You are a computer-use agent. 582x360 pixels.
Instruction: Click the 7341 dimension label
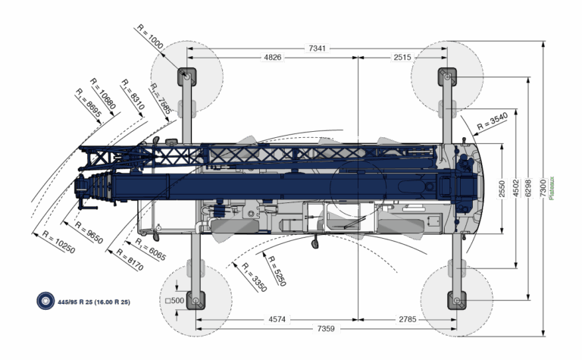[x=318, y=49]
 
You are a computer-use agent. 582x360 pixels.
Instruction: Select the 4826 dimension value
[x=272, y=58]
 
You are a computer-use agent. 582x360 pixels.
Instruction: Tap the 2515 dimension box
[x=402, y=58]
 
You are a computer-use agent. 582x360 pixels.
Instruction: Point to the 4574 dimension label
[x=277, y=319]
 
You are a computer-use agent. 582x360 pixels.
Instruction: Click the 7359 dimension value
[x=327, y=329]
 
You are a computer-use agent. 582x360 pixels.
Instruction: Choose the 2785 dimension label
[x=407, y=319]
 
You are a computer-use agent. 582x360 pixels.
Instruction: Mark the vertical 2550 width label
[x=502, y=188]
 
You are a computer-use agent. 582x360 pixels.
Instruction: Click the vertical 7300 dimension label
[x=543, y=188]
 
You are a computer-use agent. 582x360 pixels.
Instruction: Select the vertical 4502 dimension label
[x=515, y=188]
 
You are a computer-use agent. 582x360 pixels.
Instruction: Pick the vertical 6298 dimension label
[x=528, y=188]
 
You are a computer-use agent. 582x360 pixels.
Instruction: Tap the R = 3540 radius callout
[x=492, y=120]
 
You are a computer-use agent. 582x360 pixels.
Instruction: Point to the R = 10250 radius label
[x=58, y=242]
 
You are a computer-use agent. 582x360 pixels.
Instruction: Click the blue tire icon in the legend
[x=45, y=301]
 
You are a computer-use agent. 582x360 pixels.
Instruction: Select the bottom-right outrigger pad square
[x=457, y=299]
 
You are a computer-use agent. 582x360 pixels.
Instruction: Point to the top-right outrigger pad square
[x=447, y=76]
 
